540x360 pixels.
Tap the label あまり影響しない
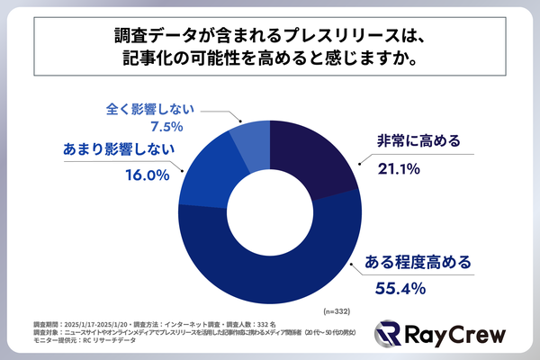click(x=118, y=149)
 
